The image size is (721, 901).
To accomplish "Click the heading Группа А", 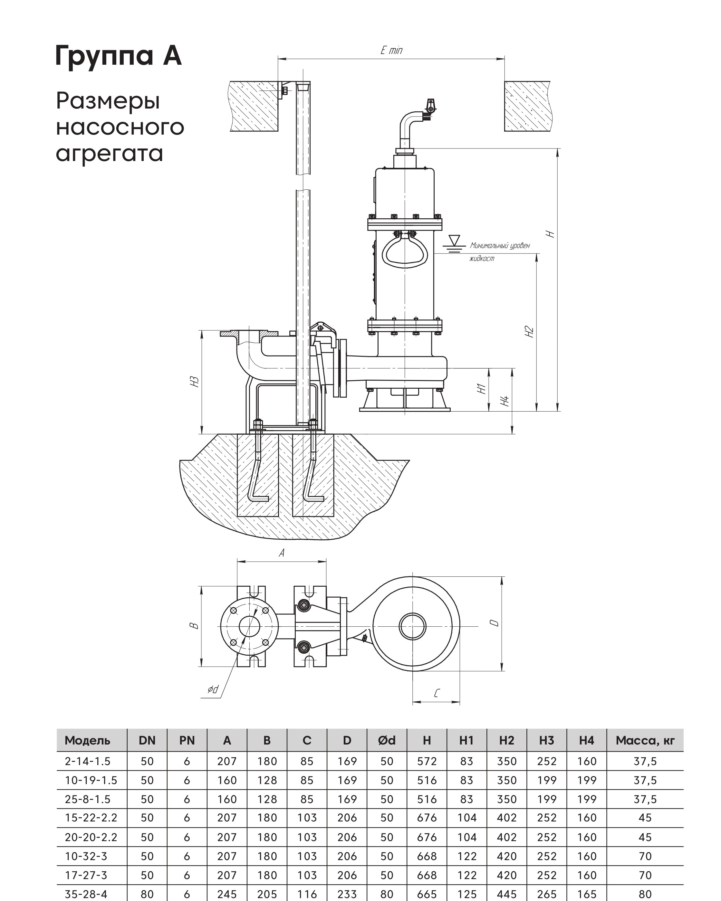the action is point(118,56).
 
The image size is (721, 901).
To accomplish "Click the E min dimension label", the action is point(391,50).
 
